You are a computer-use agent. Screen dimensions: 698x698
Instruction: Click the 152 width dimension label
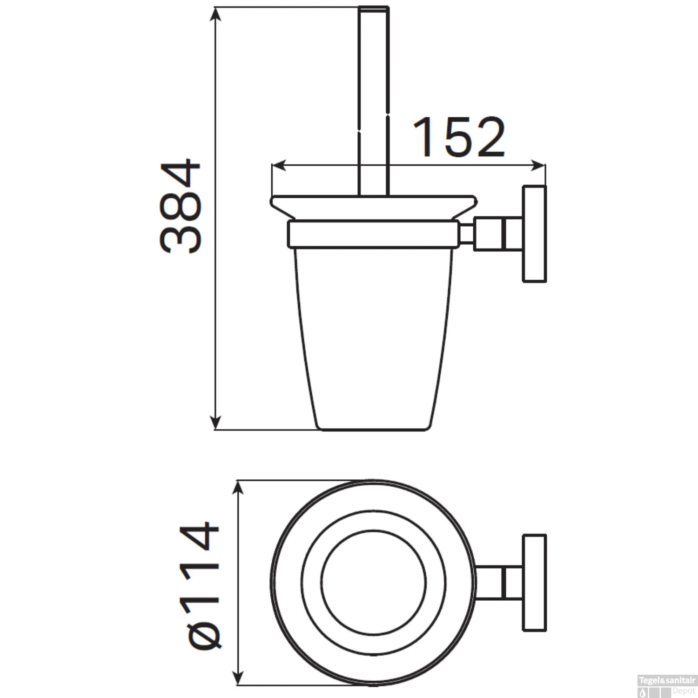tap(458, 137)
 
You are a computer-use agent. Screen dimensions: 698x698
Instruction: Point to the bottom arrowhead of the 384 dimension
tap(215, 423)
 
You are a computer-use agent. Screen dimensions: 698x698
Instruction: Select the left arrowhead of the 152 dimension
tap(278, 165)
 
